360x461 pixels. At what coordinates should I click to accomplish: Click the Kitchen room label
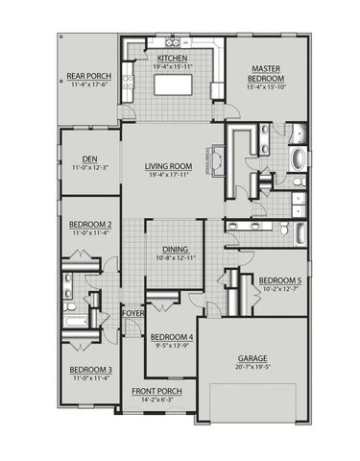tap(174, 59)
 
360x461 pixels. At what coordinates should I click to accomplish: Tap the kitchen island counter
tap(174, 86)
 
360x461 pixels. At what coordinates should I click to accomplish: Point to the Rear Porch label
tap(87, 76)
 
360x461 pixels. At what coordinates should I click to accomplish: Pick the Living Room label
tap(169, 166)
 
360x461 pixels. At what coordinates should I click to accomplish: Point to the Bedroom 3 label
tap(90, 370)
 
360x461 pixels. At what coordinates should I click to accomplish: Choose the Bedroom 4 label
tap(173, 337)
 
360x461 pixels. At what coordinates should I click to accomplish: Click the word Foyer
tap(133, 313)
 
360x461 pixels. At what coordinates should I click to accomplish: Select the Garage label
tap(252, 357)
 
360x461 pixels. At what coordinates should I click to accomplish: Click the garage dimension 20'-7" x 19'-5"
tap(252, 367)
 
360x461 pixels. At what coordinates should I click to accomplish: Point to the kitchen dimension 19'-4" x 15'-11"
tap(174, 67)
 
